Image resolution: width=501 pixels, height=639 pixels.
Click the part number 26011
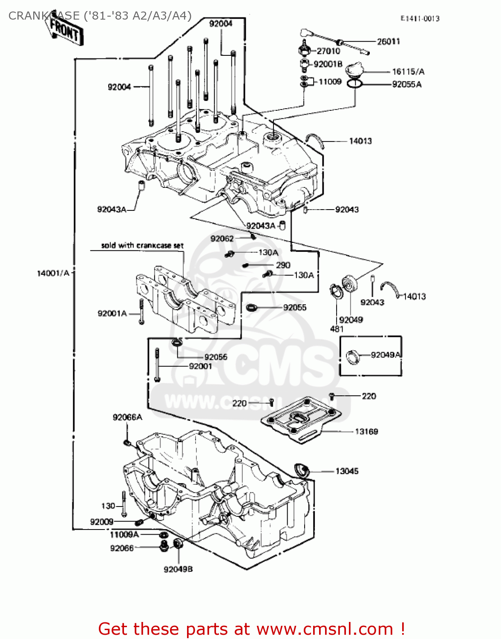388,41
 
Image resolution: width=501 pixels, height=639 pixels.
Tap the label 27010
328,51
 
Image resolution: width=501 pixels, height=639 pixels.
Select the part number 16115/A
408,72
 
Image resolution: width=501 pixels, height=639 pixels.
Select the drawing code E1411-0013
420,18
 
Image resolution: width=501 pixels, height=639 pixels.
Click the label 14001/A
53,273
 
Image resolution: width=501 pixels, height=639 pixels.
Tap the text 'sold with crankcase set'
142,245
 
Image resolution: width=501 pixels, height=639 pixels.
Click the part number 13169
366,432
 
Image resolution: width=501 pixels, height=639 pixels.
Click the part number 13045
347,471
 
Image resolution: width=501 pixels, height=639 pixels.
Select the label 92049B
178,569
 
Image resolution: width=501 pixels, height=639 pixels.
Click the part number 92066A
127,417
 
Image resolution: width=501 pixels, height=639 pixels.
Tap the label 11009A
124,535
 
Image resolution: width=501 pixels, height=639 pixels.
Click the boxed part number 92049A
386,355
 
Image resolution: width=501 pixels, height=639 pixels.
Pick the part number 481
337,329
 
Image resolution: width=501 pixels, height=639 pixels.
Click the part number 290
283,265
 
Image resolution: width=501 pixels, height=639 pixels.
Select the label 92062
222,239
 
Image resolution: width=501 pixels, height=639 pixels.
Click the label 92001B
328,64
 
